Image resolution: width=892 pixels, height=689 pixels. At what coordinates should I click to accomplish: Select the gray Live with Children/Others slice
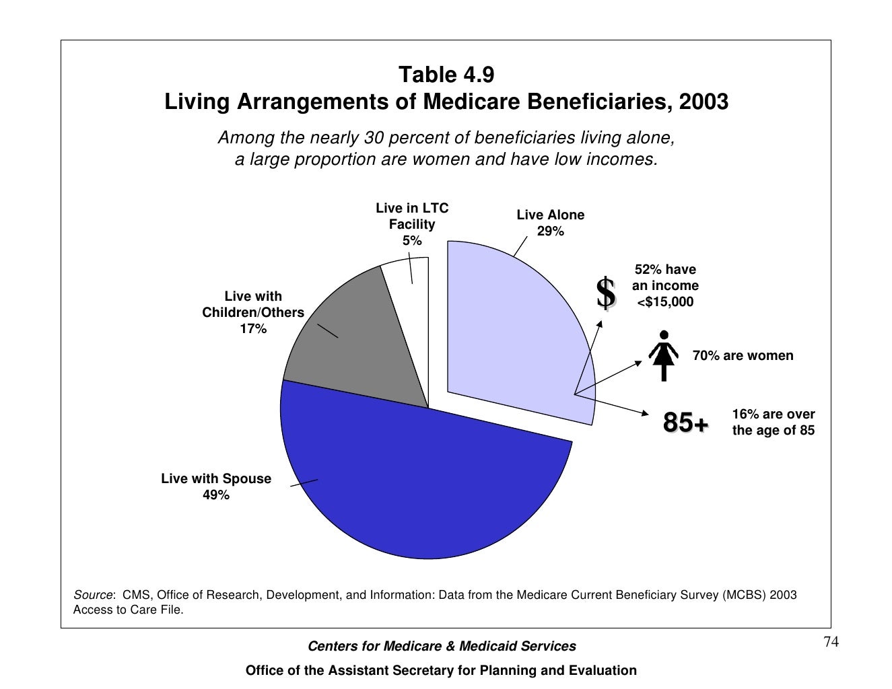pos(362,344)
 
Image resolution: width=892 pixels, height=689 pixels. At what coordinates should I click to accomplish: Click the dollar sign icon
pos(606,293)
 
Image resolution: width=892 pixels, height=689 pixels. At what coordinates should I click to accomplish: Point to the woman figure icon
pos(664,355)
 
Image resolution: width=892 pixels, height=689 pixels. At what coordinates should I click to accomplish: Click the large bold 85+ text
pos(685,422)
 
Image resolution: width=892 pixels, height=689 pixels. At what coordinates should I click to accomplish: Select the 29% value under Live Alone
pos(551,231)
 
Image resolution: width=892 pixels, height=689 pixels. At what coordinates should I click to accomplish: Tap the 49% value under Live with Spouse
pos(216,495)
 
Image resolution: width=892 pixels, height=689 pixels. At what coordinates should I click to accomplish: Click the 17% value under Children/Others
pos(253,329)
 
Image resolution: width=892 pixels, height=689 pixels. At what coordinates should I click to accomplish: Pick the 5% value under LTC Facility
pos(412,241)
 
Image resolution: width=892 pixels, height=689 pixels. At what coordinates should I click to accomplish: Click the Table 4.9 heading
pos(446,75)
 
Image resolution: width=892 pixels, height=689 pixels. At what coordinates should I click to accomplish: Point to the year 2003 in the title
pos(704,102)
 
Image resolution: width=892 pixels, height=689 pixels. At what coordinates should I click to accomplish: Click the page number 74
pos(831,642)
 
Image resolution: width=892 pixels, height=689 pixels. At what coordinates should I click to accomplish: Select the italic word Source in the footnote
pos(93,595)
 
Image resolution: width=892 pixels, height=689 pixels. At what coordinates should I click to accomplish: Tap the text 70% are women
pos(743,355)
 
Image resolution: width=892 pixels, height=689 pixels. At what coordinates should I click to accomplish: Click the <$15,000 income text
pos(665,302)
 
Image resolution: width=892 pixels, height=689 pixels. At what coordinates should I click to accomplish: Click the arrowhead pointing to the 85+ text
pos(646,413)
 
